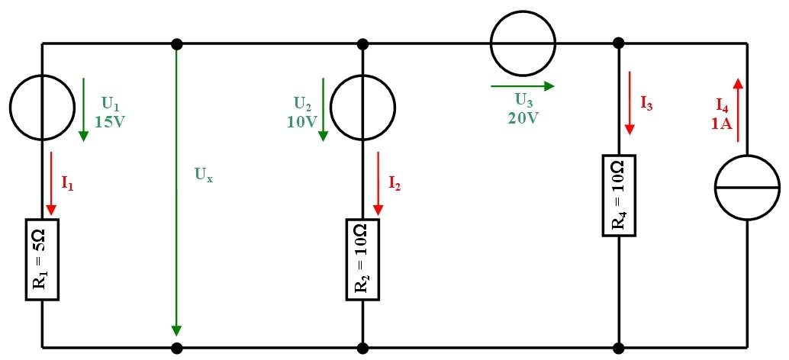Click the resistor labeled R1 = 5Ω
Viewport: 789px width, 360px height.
[x=42, y=259]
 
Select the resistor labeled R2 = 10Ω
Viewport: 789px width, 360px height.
[x=362, y=259]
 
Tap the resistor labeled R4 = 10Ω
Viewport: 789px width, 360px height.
[x=619, y=195]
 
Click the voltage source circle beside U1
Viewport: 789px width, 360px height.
[x=42, y=107]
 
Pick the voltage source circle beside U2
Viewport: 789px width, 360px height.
[x=362, y=107]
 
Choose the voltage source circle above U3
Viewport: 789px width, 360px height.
[x=523, y=43]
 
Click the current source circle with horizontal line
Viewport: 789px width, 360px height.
[x=747, y=187]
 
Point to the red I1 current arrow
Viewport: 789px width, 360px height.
[x=51, y=183]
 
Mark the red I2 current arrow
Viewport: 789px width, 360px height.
[x=378, y=183]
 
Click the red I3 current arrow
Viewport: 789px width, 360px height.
[x=630, y=103]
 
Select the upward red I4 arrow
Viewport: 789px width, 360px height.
[x=738, y=110]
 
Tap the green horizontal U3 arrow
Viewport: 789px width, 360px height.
[x=522, y=86]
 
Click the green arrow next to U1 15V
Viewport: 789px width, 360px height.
[x=83, y=110]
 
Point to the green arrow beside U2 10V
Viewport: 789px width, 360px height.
[x=323, y=110]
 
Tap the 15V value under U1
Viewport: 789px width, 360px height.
[x=110, y=122]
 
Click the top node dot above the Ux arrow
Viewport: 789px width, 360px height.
[x=176, y=44]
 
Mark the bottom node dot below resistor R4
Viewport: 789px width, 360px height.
[x=619, y=348]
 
